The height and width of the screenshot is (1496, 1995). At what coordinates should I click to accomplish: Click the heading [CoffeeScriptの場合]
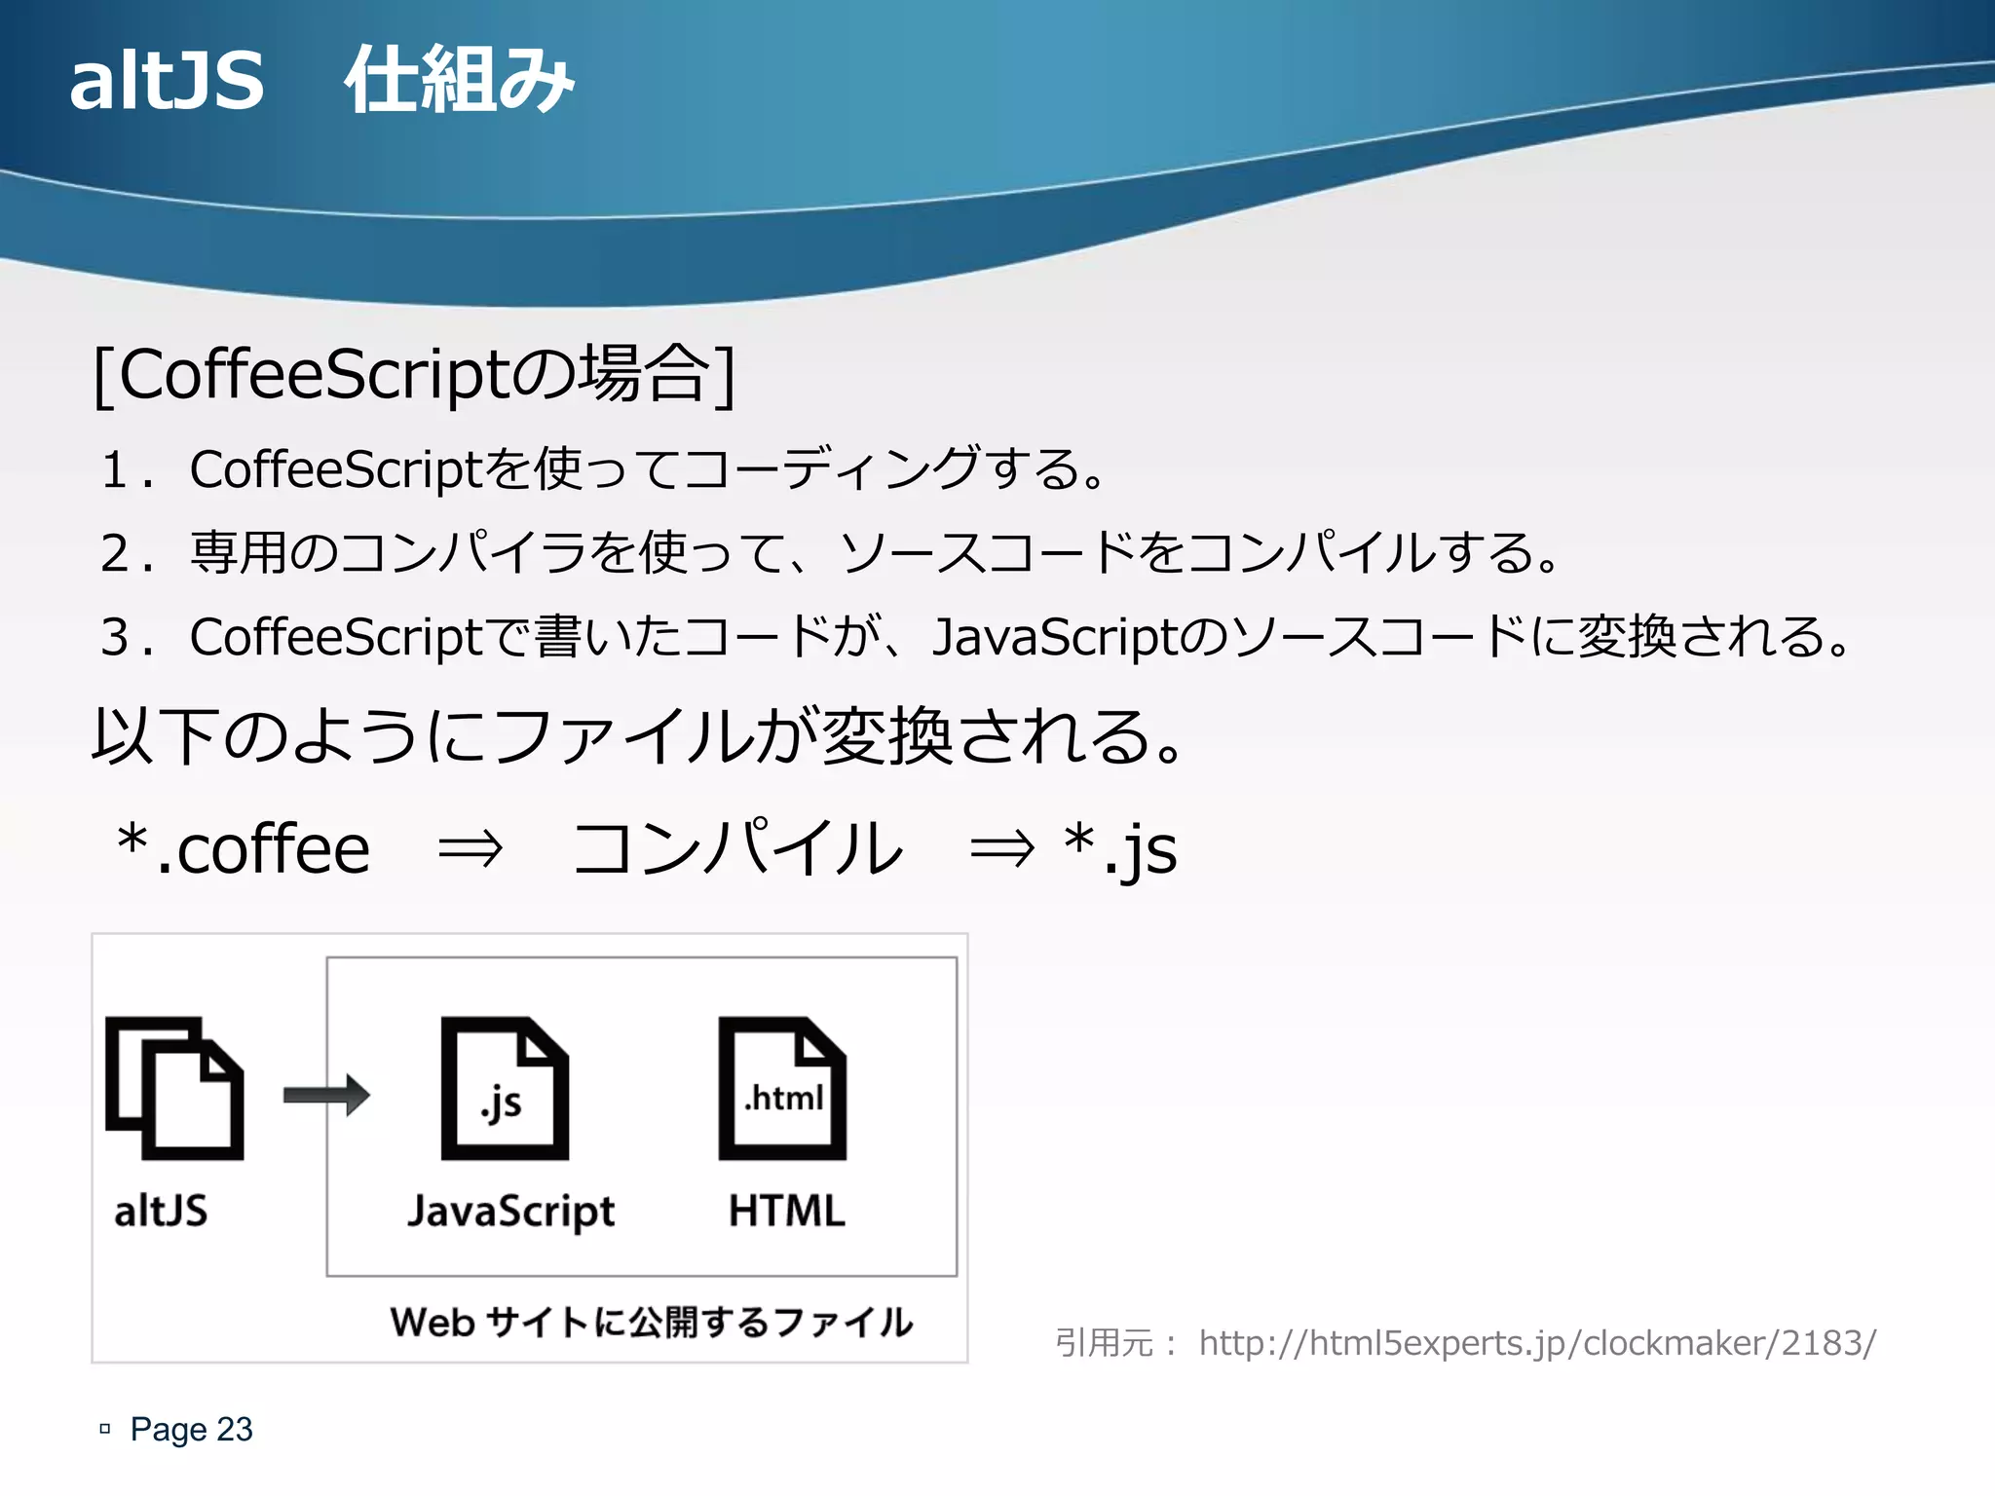tap(414, 374)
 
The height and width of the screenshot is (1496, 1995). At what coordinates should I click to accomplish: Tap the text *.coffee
tap(244, 848)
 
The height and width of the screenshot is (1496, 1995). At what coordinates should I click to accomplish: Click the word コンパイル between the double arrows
tap(737, 848)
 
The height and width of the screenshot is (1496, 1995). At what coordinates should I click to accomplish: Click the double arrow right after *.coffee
tap(471, 848)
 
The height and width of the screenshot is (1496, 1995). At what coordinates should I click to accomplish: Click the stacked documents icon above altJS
tap(174, 1088)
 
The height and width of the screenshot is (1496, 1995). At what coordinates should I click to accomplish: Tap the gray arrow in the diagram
tap(326, 1095)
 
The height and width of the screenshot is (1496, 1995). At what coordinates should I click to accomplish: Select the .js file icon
tap(505, 1088)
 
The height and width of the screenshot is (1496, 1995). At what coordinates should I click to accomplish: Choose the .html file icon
tap(782, 1088)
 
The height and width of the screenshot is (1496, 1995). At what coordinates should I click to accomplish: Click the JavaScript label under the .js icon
tap(511, 1212)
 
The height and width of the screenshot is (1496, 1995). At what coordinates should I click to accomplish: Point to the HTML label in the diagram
tap(787, 1212)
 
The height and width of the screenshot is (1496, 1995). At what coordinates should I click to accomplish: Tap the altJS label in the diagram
tap(161, 1212)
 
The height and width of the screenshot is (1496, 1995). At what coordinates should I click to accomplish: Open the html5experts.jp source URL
tap(1537, 1343)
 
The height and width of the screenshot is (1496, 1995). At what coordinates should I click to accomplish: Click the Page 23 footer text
tap(191, 1429)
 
